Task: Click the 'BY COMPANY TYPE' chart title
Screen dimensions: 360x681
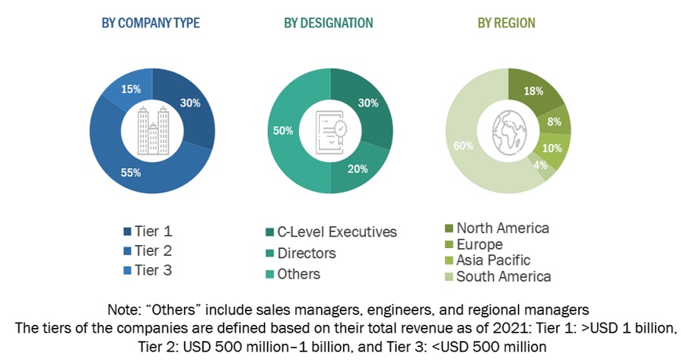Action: click(x=151, y=23)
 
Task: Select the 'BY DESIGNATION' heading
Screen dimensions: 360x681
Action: click(x=329, y=23)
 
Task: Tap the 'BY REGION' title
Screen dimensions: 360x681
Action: click(x=506, y=23)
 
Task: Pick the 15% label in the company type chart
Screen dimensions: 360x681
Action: click(x=131, y=89)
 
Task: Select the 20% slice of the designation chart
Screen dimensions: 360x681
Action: click(x=358, y=168)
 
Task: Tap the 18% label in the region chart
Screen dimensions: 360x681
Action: click(x=533, y=91)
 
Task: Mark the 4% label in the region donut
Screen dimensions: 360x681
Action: click(x=539, y=164)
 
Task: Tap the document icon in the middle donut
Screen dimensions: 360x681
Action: click(x=330, y=130)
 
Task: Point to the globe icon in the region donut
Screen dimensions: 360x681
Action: click(x=508, y=130)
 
